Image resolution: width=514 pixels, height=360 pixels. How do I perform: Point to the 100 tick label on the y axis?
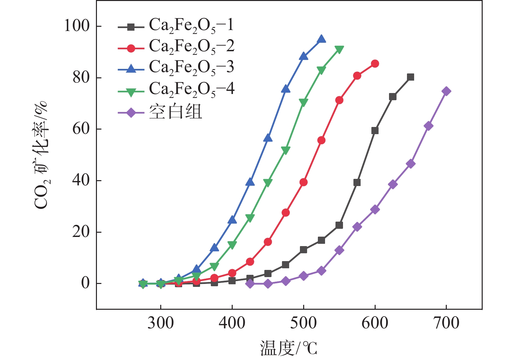pyautogui.click(x=77, y=26)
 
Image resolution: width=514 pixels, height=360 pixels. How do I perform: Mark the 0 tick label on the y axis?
pyautogui.click(x=86, y=283)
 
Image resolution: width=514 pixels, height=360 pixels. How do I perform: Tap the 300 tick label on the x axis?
pyautogui.click(x=161, y=323)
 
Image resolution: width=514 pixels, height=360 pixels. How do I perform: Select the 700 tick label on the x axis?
pyautogui.click(x=446, y=323)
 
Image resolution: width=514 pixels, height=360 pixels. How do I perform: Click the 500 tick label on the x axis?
pyautogui.click(x=304, y=323)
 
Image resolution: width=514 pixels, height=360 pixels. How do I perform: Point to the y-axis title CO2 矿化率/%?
pyautogui.click(x=41, y=155)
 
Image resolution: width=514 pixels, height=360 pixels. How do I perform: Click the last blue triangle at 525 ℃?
pyautogui.click(x=321, y=39)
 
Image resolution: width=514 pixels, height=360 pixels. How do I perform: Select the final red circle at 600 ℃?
pyautogui.click(x=375, y=64)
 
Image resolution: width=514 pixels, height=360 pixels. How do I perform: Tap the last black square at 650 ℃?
pyautogui.click(x=411, y=77)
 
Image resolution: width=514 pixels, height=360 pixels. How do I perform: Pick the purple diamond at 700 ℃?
pyautogui.click(x=446, y=91)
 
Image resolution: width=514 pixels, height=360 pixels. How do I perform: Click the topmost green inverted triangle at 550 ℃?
pyautogui.click(x=339, y=50)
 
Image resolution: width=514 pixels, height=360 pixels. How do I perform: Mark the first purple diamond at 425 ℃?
pyautogui.click(x=250, y=284)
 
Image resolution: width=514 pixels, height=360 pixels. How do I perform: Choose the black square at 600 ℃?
pyautogui.click(x=375, y=131)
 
